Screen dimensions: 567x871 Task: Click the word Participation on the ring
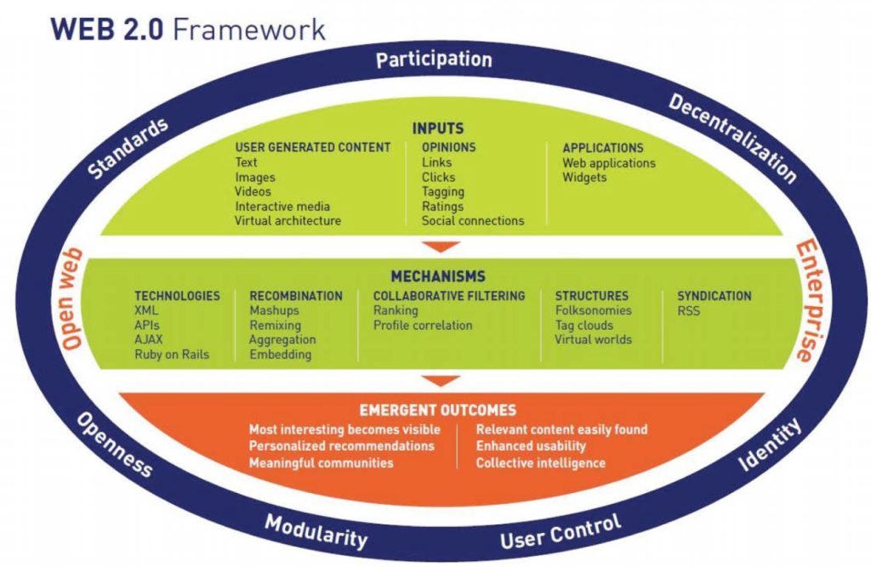(x=434, y=60)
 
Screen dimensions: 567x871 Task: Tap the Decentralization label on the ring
(x=732, y=139)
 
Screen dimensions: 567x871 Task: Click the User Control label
(x=561, y=532)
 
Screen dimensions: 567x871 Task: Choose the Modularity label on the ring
(x=316, y=531)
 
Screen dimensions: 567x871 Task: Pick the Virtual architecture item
(x=287, y=221)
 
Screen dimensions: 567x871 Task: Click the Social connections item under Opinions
(x=473, y=221)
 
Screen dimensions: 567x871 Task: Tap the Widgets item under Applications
(x=584, y=178)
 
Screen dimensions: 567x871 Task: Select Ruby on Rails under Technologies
(x=171, y=354)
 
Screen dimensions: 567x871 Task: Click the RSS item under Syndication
(x=689, y=311)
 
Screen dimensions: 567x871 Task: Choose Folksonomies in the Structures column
(x=593, y=311)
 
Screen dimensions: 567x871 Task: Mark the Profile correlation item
(x=423, y=326)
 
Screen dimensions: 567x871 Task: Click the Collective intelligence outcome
(x=540, y=463)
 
